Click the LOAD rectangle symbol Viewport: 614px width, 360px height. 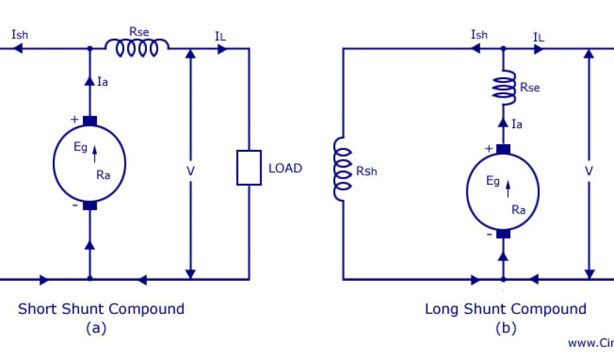tap(249, 167)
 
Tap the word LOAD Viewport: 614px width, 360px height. tap(285, 168)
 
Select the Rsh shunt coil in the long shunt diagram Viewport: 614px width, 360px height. tap(342, 170)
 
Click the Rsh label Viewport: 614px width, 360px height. tap(366, 171)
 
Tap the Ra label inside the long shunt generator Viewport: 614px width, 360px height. tap(519, 210)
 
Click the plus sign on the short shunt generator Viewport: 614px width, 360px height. tap(74, 119)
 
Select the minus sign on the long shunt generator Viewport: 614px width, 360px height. tap(489, 235)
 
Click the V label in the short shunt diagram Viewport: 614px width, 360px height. tap(191, 171)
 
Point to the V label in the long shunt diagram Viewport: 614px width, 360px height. tap(589, 171)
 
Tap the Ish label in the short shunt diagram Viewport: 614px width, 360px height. tap(20, 34)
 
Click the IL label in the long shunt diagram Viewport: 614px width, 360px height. tap(539, 37)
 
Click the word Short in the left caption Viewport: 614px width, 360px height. tap(37, 309)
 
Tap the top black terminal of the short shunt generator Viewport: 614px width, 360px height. tap(90, 121)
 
